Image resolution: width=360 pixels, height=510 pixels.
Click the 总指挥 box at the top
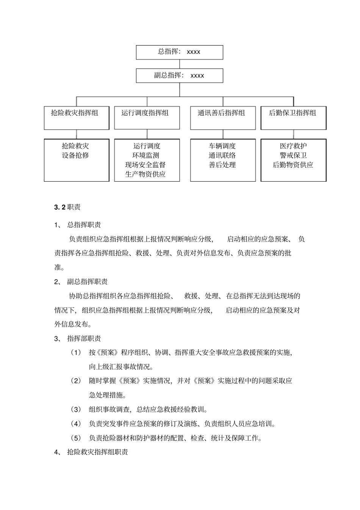coord(179,52)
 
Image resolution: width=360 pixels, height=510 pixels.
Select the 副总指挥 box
coord(179,75)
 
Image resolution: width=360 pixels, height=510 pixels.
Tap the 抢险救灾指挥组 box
coord(76,118)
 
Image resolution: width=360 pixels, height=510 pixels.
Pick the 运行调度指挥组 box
coord(147,118)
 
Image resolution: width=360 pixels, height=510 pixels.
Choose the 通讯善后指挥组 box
coord(222,118)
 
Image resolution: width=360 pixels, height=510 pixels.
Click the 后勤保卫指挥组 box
coord(293,118)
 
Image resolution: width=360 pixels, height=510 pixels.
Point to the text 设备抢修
coord(75,155)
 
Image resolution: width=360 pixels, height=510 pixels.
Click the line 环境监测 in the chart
coord(146,155)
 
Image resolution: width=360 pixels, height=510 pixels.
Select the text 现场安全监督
coord(146,165)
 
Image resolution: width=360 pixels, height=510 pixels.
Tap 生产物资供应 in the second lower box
coord(146,174)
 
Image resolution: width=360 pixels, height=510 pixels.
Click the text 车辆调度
coord(222,146)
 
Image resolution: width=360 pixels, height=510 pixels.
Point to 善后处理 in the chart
coord(222,165)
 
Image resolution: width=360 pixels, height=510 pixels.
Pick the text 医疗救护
coord(293,146)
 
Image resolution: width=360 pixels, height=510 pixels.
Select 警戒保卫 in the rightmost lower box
coord(293,155)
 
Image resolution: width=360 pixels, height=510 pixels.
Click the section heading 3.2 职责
coord(67,207)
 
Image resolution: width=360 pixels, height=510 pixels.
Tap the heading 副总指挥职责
coord(87,281)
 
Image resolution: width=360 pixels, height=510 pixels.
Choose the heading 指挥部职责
coord(84,338)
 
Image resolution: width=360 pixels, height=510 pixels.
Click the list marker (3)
coord(76,410)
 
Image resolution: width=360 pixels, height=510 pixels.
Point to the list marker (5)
coord(76,438)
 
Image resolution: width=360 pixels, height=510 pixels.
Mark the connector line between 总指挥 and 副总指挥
coord(180,64)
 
